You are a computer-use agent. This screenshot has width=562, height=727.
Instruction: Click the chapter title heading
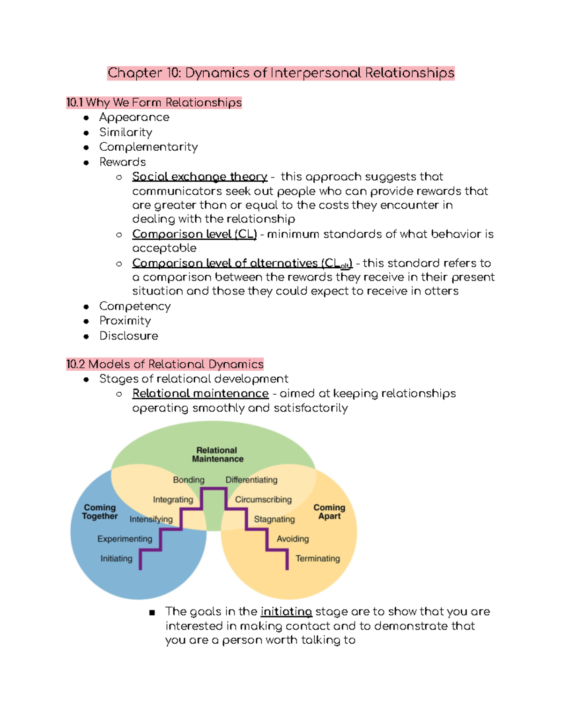[281, 73]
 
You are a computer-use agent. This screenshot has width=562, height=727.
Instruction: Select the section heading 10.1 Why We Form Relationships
[154, 103]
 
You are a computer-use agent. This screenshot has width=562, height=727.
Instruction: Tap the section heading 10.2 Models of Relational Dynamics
[165, 364]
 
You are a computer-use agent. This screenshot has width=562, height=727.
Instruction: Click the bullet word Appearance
[134, 117]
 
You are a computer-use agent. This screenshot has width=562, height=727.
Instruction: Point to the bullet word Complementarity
[148, 147]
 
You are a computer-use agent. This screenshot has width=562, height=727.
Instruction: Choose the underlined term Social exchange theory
[200, 177]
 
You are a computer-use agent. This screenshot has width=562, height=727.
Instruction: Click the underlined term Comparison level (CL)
[194, 234]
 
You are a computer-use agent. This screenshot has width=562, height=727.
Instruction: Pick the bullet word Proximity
[125, 321]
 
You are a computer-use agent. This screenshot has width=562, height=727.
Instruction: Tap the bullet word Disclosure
[129, 336]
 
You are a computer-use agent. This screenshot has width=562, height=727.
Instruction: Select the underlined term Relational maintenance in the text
[200, 394]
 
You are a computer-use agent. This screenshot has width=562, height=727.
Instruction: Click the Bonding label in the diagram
[189, 480]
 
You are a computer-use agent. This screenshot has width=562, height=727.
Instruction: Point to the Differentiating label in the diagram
[251, 480]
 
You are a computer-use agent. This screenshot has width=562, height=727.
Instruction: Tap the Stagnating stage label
[274, 519]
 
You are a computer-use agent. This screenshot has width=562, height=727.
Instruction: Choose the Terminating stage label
[318, 558]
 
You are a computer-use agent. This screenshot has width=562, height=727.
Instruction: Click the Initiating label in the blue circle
[116, 558]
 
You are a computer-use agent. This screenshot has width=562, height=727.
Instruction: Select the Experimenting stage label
[125, 539]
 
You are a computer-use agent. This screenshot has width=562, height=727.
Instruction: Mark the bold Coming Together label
[100, 512]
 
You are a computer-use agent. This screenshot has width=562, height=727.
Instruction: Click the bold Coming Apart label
[329, 512]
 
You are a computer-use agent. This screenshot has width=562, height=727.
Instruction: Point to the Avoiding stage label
[293, 539]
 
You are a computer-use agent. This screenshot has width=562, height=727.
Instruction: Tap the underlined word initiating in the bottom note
[286, 612]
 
